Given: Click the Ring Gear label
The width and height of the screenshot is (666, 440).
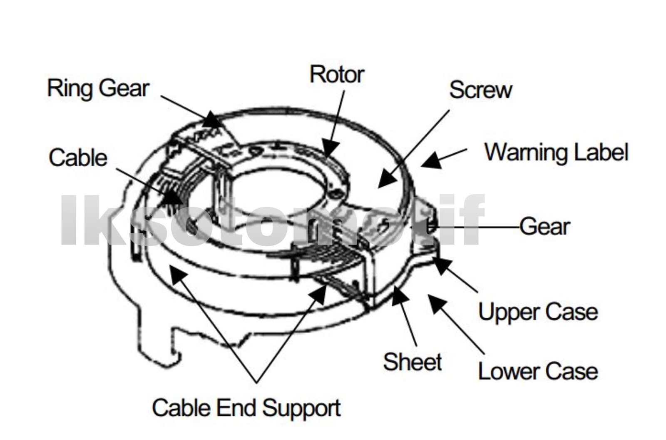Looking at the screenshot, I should click(x=98, y=89).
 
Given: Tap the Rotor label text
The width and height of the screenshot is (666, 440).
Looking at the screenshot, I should click(x=337, y=75).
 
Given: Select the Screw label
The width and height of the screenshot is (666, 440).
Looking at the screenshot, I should click(x=480, y=90).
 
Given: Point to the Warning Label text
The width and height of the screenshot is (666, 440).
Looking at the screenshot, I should click(x=556, y=152).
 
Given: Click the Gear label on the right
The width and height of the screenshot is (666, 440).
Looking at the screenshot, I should click(x=544, y=227).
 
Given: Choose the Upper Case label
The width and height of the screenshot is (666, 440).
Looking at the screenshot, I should click(x=538, y=312).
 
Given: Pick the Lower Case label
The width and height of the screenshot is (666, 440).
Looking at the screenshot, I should click(x=538, y=371).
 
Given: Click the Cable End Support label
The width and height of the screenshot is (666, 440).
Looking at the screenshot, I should click(x=246, y=408).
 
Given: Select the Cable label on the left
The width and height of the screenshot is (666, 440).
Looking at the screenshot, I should click(x=78, y=158).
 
